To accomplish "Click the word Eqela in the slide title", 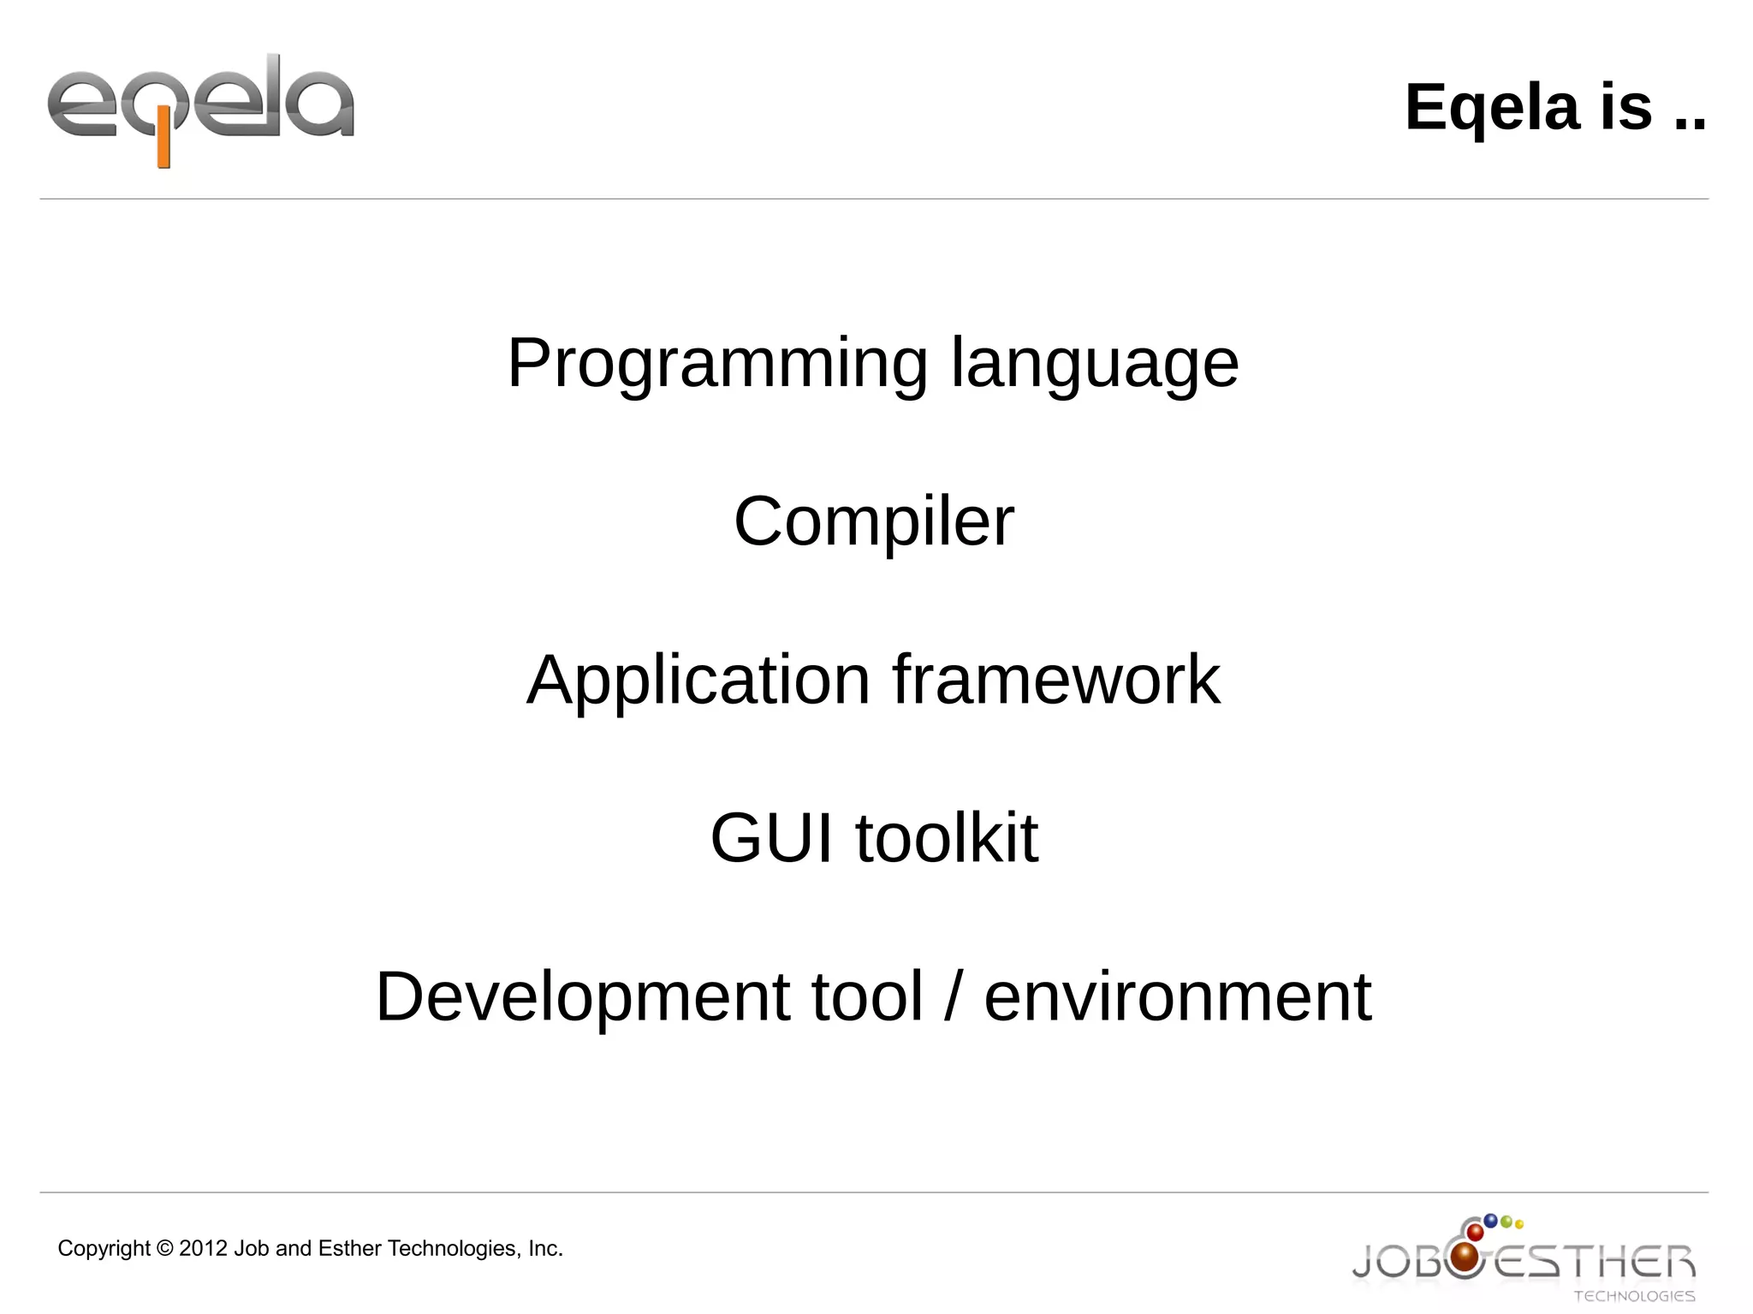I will (1492, 108).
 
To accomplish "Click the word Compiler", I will (874, 521).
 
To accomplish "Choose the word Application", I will (698, 680).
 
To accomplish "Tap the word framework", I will (1056, 680).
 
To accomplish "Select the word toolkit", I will (947, 838).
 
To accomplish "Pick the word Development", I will (582, 996).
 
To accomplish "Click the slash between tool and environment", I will (953, 996).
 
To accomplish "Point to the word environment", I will (1178, 996).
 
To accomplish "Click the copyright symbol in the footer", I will (164, 1249).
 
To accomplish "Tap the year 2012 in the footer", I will (203, 1249).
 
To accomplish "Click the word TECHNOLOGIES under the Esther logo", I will (1634, 1296).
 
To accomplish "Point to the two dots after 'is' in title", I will (1690, 126).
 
